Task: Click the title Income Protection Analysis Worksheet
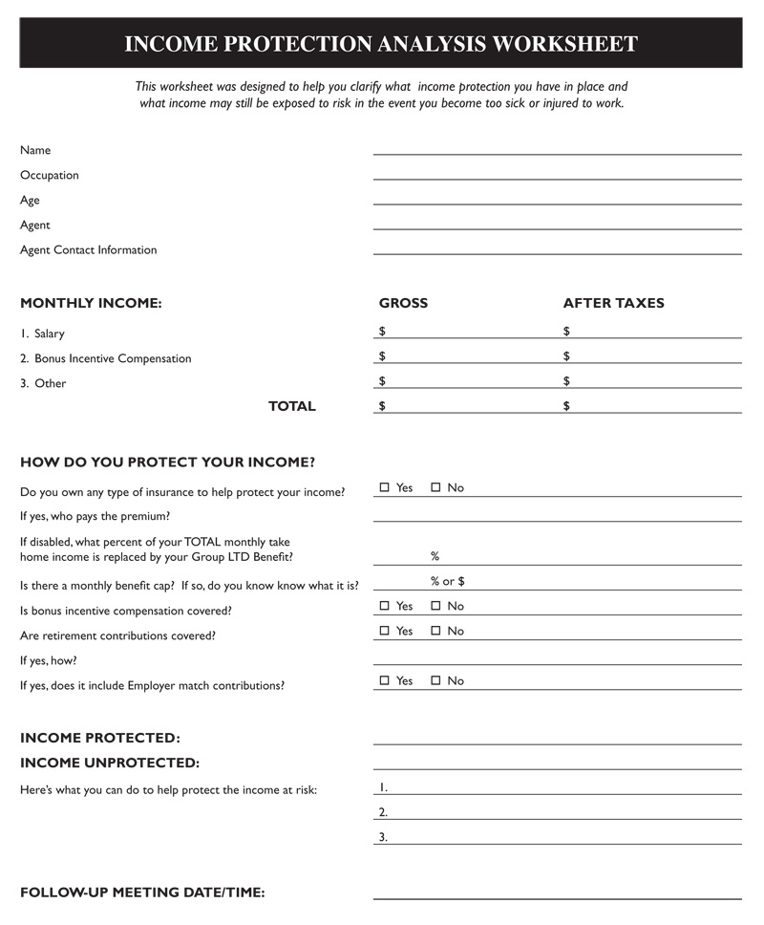[x=381, y=44]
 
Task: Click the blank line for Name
[x=557, y=149]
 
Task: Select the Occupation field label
[x=50, y=176]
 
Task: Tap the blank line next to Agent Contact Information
[x=557, y=248]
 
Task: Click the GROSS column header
[x=403, y=304]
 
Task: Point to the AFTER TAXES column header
[x=613, y=304]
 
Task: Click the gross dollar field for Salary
[x=463, y=333]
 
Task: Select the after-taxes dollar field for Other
[x=652, y=382]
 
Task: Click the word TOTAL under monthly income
[x=291, y=406]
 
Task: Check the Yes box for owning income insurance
[x=385, y=487]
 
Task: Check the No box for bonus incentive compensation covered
[x=436, y=606]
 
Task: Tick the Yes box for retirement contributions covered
[x=385, y=631]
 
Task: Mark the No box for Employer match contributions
[x=436, y=680]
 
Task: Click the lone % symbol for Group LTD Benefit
[x=435, y=556]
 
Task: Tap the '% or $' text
[x=447, y=581]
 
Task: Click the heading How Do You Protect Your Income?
[x=167, y=462]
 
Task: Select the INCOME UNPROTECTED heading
[x=110, y=764]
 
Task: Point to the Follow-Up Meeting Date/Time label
[x=142, y=893]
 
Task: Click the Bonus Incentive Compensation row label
[x=113, y=359]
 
